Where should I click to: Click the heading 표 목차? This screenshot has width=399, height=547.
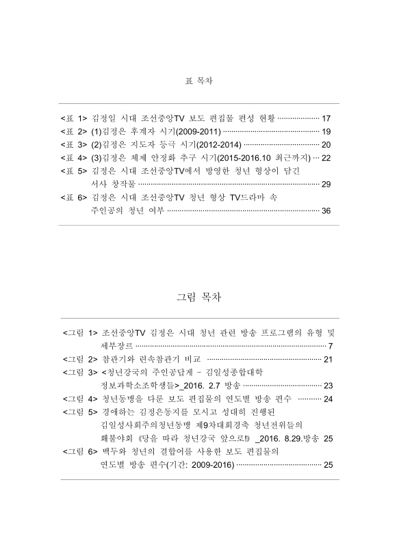(x=199, y=81)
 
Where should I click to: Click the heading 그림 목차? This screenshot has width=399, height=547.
(x=199, y=298)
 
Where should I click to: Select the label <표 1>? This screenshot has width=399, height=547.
(x=74, y=118)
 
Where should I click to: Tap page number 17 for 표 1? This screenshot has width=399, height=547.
(x=326, y=118)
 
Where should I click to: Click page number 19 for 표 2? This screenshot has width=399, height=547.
(x=326, y=131)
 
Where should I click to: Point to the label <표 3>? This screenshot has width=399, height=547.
(x=74, y=144)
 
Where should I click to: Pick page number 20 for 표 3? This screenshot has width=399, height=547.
(x=326, y=144)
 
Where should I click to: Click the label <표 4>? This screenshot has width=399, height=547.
(x=74, y=157)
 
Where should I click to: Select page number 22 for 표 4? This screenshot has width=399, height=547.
(x=326, y=157)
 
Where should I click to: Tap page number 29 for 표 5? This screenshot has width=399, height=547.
(x=326, y=184)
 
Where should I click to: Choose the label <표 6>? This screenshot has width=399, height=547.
(x=74, y=197)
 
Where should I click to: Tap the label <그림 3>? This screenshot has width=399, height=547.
(x=80, y=372)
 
